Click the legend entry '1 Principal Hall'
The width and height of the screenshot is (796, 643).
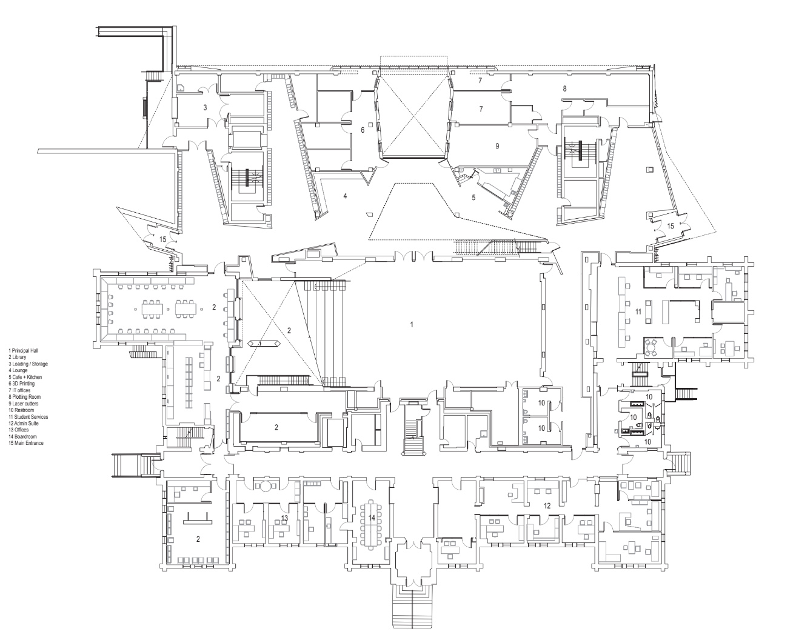23,351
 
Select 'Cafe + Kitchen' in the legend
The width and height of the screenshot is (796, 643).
25,378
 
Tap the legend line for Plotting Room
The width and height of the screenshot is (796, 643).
24,397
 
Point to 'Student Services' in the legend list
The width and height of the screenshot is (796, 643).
28,417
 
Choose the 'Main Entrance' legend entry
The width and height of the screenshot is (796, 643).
26,443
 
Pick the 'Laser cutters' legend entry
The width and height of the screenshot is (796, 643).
23,404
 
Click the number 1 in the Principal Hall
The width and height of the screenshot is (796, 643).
412,325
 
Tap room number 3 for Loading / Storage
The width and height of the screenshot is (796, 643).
205,108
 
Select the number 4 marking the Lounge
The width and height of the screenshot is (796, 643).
345,196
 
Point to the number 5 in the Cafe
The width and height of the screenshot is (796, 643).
473,198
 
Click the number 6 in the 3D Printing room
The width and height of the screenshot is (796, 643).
362,130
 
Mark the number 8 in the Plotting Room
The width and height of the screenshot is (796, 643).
564,89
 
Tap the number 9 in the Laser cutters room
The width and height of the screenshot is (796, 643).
497,146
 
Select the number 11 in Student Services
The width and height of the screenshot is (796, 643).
638,312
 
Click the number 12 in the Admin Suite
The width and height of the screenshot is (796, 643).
547,506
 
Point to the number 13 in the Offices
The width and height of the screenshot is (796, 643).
285,518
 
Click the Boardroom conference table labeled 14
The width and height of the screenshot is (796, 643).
371,525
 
